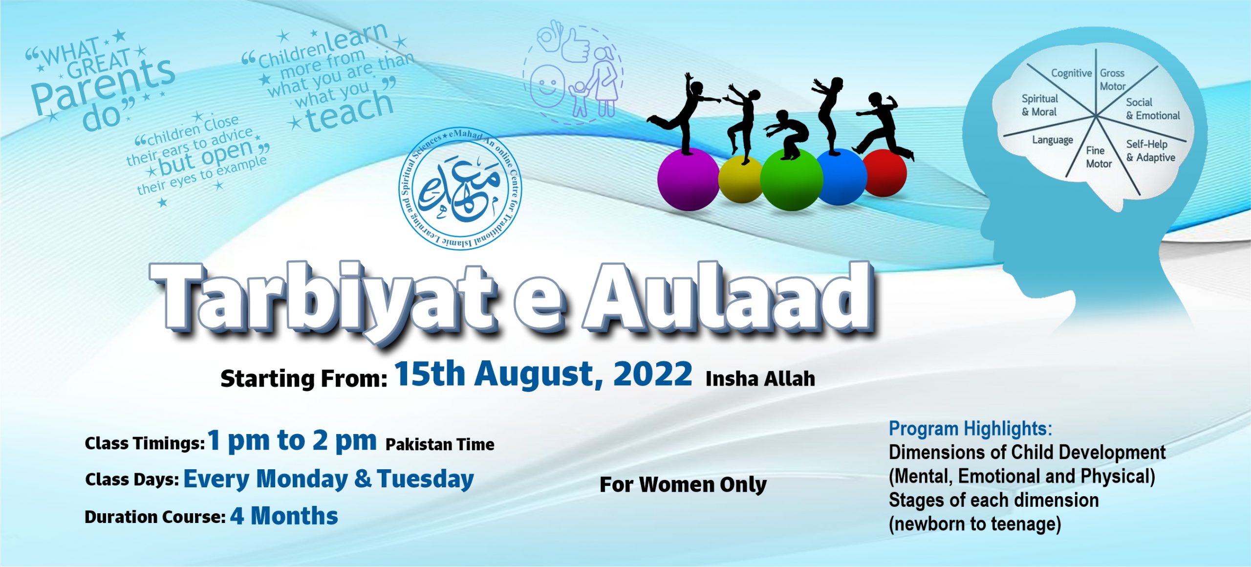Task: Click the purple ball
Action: pos(688,180)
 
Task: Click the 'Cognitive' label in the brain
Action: pos(1071,73)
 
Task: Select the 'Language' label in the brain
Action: pos(1052,140)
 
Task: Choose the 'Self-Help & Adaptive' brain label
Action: pos(1150,151)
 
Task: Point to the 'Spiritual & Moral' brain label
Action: pos(1039,105)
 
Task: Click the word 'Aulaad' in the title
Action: pos(728,298)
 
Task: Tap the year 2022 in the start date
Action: pos(652,374)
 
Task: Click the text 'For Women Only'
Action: pos(683,484)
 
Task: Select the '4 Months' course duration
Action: pos(284,516)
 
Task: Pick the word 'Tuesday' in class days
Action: pos(425,479)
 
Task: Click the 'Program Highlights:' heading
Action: pos(970,429)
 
